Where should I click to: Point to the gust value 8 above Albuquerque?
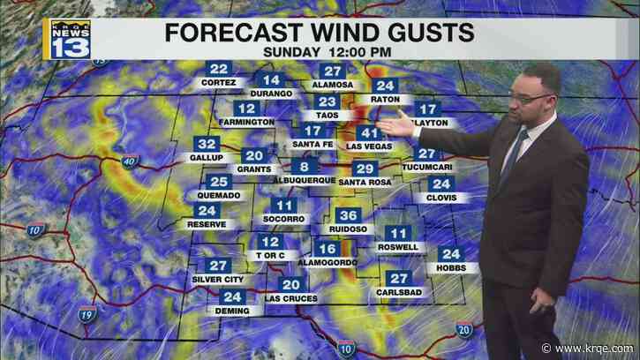click(305, 167)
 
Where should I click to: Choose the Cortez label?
click(218, 83)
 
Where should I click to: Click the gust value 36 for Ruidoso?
click(349, 216)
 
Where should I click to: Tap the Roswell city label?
click(395, 247)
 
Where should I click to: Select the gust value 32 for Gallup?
click(208, 144)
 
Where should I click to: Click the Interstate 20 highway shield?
click(463, 329)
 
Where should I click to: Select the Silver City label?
click(216, 280)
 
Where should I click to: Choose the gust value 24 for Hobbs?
click(449, 254)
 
